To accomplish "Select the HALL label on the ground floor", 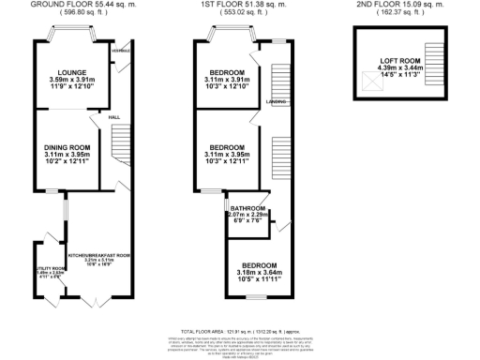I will (114, 116).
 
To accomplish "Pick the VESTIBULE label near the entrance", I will (119, 50).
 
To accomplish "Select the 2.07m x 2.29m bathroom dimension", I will (247, 215).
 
